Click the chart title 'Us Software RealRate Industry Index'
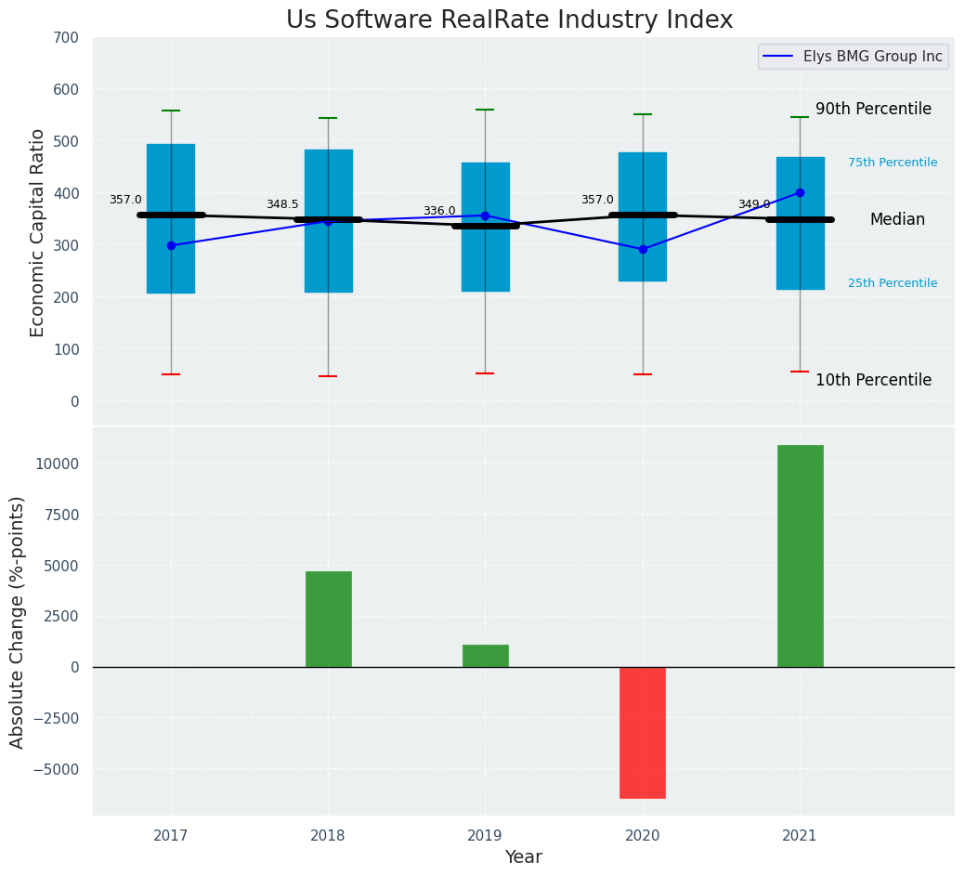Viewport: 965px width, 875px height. pos(509,20)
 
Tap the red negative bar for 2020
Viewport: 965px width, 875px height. pos(643,732)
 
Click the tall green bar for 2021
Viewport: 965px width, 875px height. pos(800,555)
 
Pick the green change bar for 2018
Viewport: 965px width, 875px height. pos(328,619)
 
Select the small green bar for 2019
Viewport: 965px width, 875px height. pos(485,656)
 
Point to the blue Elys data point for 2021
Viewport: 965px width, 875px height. pos(800,193)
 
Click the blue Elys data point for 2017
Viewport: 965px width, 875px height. pos(171,246)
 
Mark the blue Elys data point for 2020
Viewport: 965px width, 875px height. pos(643,249)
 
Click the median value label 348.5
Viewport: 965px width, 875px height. pos(282,205)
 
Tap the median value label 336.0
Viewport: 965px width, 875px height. pos(439,212)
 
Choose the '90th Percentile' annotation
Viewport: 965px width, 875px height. pos(873,110)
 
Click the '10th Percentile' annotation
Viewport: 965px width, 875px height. pos(873,381)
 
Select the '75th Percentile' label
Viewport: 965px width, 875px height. pos(893,163)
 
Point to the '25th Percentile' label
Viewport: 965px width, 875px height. pos(893,283)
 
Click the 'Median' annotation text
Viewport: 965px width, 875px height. pos(897,220)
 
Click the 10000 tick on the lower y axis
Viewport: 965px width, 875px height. pos(59,464)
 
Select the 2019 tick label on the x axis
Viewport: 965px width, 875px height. pos(485,836)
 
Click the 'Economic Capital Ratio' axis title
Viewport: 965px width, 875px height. pos(38,232)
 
